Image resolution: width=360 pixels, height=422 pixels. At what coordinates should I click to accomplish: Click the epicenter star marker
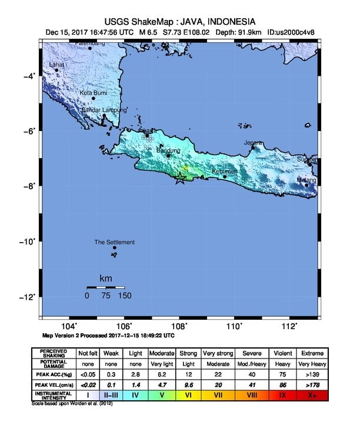pyautogui.click(x=180, y=180)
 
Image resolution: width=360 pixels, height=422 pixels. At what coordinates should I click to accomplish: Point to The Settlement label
pyautogui.click(x=115, y=242)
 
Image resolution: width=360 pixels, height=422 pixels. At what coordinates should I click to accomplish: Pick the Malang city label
pyautogui.click(x=306, y=180)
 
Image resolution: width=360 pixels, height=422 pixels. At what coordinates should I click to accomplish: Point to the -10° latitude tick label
pyautogui.click(x=30, y=241)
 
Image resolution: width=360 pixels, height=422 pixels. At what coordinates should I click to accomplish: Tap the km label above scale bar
pyautogui.click(x=106, y=278)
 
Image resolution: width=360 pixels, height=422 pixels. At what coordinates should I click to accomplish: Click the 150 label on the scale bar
pyautogui.click(x=125, y=296)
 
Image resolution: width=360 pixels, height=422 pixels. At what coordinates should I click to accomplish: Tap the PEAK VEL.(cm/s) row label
pyautogui.click(x=54, y=384)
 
